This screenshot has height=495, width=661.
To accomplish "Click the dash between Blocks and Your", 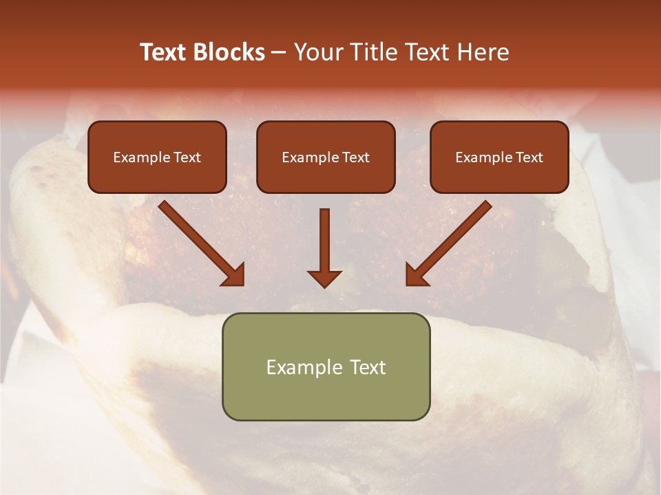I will pyautogui.click(x=279, y=53).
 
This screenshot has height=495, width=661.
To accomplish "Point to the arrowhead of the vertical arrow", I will pyautogui.click(x=324, y=278).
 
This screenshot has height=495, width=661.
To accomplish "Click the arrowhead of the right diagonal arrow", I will pyautogui.click(x=417, y=274).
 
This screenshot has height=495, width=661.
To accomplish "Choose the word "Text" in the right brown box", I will pyautogui.click(x=529, y=157).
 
